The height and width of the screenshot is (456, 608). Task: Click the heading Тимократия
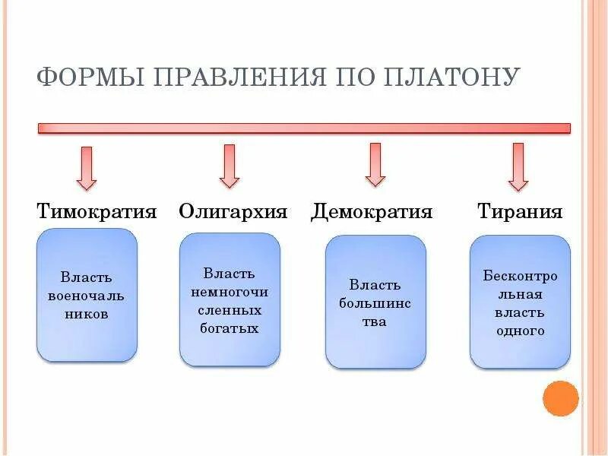tap(97, 211)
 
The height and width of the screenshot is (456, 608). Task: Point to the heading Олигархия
tap(233, 211)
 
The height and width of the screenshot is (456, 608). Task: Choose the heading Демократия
tap(372, 211)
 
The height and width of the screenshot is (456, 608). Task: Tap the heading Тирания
tap(520, 211)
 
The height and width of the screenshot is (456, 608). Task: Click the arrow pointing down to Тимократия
tap(87, 168)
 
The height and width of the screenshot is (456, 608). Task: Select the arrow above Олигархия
tap(229, 166)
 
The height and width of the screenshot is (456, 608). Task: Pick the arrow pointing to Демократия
tap(375, 165)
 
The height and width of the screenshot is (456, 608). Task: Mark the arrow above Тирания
tap(518, 166)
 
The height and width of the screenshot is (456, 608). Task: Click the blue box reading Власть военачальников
tap(87, 295)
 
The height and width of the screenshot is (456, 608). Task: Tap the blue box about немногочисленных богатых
tap(230, 299)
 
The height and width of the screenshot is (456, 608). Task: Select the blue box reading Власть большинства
tap(375, 302)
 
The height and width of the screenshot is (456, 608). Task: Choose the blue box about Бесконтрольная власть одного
tap(520, 302)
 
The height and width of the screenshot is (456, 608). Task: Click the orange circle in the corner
tap(561, 398)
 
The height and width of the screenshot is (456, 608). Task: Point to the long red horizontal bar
tap(304, 128)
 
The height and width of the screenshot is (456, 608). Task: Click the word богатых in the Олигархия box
tap(230, 328)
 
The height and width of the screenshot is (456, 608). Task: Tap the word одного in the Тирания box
tap(520, 331)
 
